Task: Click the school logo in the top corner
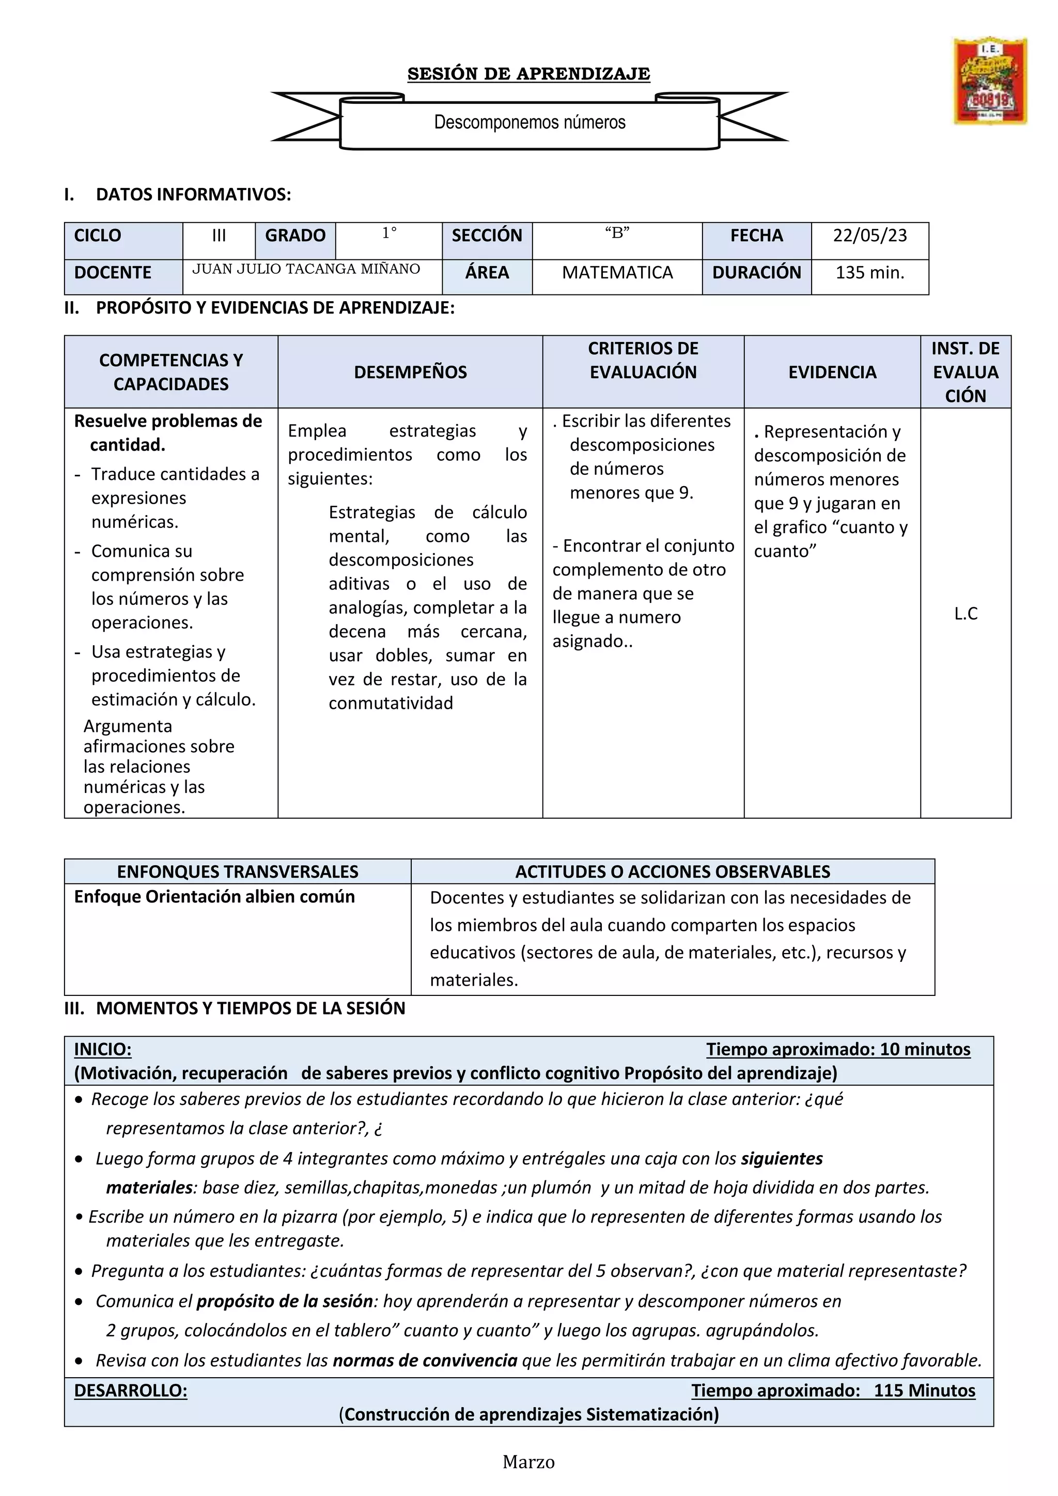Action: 990,81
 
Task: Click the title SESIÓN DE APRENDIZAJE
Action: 528,74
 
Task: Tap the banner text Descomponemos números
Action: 529,122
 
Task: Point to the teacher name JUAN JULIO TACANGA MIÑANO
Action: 305,269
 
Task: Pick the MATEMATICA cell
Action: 617,273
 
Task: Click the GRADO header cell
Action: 294,236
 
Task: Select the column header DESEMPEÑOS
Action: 410,372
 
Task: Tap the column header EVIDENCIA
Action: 831,372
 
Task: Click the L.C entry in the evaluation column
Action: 965,614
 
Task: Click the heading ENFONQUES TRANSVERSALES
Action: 237,872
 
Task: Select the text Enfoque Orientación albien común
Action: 214,897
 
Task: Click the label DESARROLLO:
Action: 130,1391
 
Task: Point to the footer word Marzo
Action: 528,1463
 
